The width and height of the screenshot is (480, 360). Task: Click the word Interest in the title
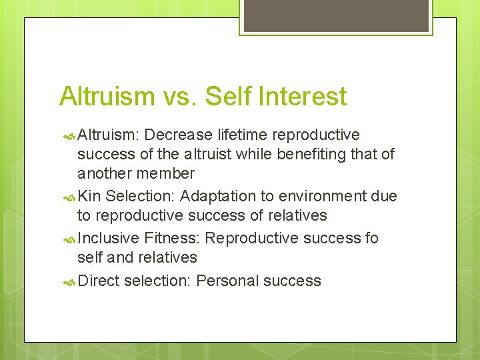point(304,96)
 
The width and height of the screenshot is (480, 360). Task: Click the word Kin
point(89,196)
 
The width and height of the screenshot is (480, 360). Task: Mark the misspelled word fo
point(371,238)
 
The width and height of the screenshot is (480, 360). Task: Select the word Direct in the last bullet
point(99,281)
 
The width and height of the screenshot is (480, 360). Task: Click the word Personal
point(227,281)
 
